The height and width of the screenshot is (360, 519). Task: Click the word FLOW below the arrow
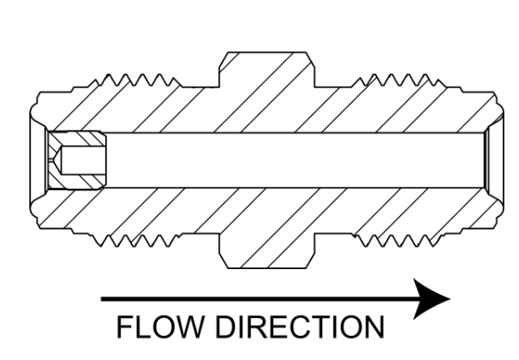pyautogui.click(x=160, y=327)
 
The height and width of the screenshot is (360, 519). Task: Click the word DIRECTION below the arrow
pyautogui.click(x=301, y=327)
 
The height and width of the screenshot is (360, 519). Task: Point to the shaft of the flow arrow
pyautogui.click(x=258, y=299)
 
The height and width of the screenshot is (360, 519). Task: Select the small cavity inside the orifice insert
pyautogui.click(x=82, y=160)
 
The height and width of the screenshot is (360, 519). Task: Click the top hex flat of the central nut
pyautogui.click(x=267, y=52)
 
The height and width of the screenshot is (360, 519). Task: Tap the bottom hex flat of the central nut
pyautogui.click(x=267, y=267)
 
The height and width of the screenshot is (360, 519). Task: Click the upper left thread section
pyautogui.click(x=139, y=81)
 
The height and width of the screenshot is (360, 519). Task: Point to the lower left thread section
pyautogui.click(x=139, y=241)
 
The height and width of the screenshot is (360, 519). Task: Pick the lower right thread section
pyautogui.click(x=397, y=241)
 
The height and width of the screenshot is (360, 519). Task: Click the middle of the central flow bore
pyautogui.click(x=295, y=160)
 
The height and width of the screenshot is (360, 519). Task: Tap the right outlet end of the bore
pyautogui.click(x=486, y=160)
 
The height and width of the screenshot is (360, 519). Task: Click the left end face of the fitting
pyautogui.click(x=31, y=160)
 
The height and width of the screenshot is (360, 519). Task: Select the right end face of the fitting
pyautogui.click(x=503, y=160)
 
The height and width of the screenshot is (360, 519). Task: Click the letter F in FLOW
pyautogui.click(x=124, y=327)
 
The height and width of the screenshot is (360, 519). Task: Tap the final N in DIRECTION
pyautogui.click(x=375, y=327)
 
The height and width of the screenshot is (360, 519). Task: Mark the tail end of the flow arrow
pyautogui.click(x=102, y=299)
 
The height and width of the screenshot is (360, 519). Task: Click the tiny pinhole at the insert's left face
pyautogui.click(x=51, y=160)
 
